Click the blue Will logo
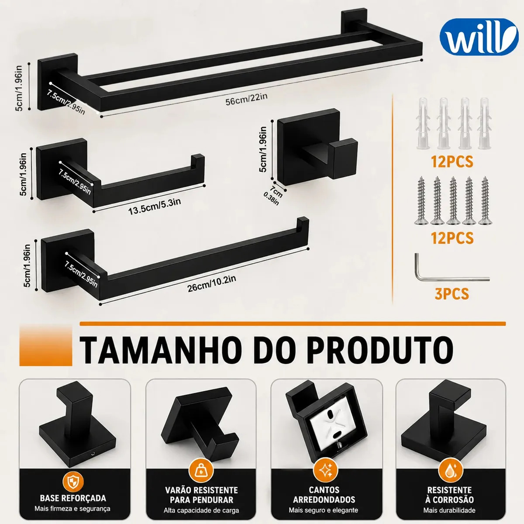tap(479, 37)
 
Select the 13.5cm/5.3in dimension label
tap(155, 207)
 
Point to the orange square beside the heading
tap(46, 346)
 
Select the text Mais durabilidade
tap(449, 510)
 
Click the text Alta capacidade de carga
tap(201, 510)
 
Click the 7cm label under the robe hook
tap(276, 190)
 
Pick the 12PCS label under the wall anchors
tap(452, 162)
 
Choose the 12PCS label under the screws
tap(452, 238)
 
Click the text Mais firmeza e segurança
tap(72, 509)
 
